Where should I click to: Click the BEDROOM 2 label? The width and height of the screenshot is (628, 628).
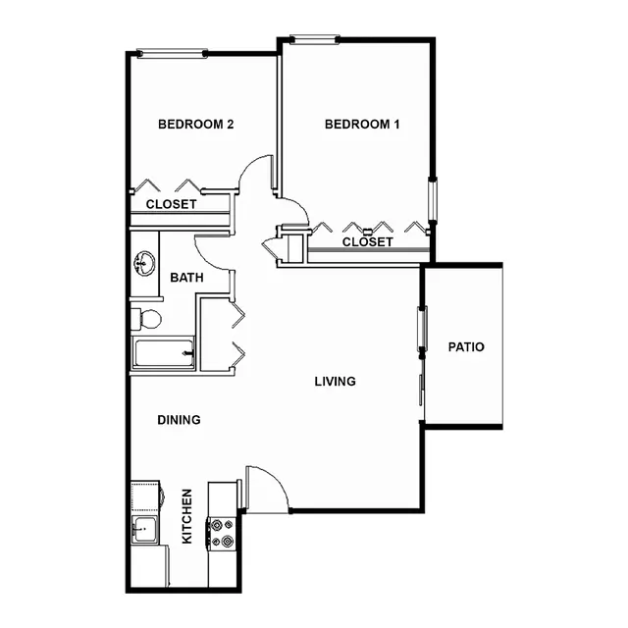[196, 125]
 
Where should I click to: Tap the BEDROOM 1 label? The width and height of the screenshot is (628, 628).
[362, 125]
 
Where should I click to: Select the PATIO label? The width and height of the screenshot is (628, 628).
[466, 346]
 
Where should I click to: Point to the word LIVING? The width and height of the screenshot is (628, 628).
[336, 382]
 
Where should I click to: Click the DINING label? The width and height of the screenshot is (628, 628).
[179, 420]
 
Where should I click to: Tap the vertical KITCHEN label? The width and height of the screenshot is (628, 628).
[187, 516]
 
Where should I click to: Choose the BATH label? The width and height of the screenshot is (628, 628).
[186, 277]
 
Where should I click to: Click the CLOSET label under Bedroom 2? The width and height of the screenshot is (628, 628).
[171, 204]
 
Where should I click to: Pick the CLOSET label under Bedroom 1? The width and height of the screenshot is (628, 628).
[368, 242]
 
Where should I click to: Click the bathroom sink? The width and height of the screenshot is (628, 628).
[144, 263]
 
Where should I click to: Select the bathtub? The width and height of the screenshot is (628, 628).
[164, 353]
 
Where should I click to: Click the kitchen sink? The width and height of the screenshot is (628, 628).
[144, 529]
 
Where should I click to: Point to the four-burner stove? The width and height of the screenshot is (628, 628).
[221, 533]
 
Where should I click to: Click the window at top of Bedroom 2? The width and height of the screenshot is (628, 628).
[173, 53]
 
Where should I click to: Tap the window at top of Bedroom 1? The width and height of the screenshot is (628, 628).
[315, 39]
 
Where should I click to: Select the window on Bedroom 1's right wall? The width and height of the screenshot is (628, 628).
[433, 199]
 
